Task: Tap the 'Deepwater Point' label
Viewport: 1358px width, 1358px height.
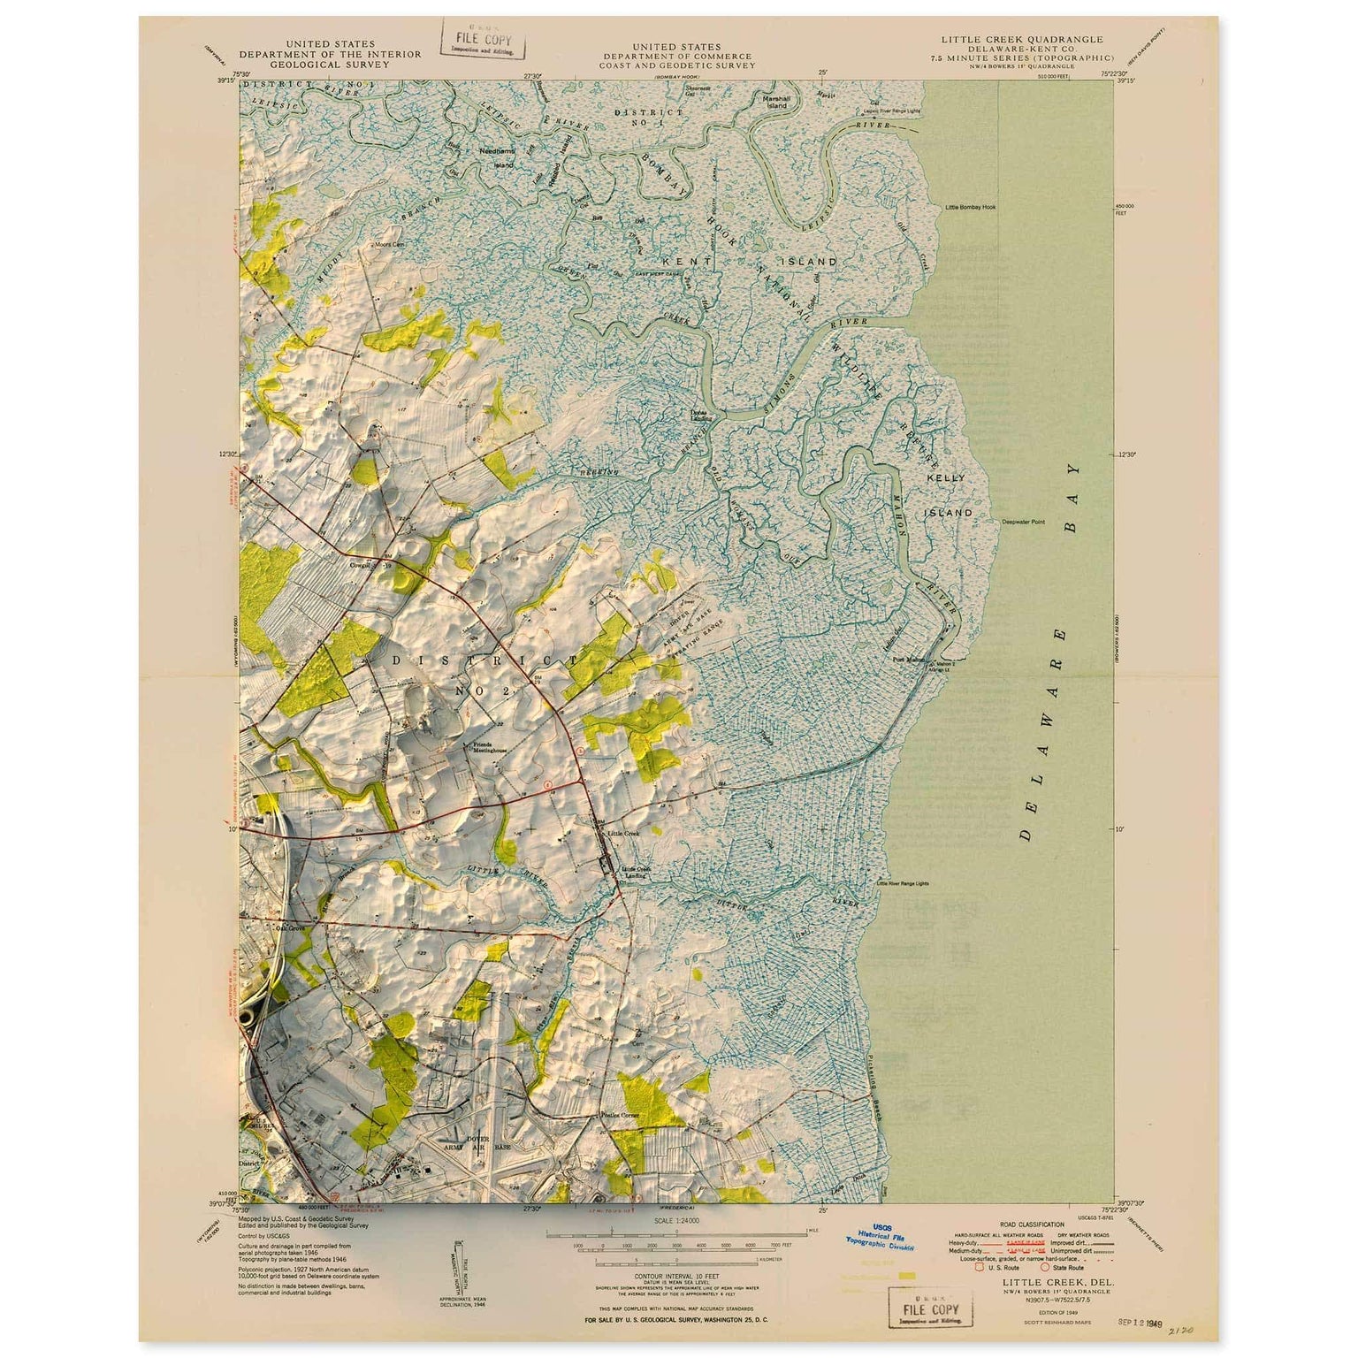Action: coord(1023,522)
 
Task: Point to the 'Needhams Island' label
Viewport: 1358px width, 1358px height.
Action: coord(496,156)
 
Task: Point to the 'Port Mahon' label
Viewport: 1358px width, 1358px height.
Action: coord(908,659)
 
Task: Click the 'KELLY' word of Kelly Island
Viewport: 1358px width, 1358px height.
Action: coord(945,477)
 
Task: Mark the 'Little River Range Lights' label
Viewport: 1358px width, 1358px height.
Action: coord(903,883)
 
